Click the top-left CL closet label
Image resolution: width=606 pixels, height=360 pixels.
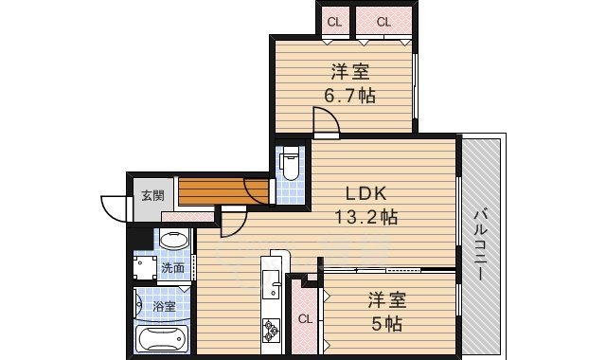coord(335,21)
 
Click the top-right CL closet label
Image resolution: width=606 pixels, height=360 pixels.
coord(383,21)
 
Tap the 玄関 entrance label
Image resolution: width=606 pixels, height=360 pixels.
coord(152,196)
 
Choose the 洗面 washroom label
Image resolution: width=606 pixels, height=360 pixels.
coord(172,268)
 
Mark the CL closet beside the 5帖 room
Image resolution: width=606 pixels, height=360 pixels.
coord(305,319)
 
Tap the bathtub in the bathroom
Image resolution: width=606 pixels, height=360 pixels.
coord(164,339)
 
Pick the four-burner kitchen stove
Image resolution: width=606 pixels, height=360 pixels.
coord(271,331)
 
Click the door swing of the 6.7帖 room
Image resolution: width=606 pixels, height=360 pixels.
coord(325,121)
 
